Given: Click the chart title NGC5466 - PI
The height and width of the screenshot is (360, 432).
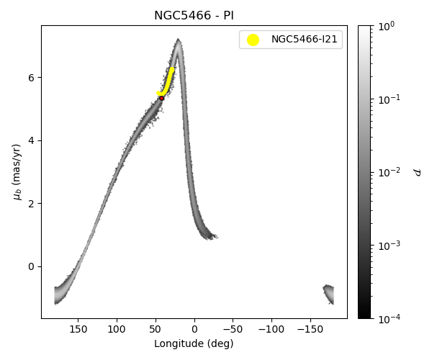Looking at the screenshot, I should click(x=194, y=16).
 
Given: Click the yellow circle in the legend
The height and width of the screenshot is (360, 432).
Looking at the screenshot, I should click(x=253, y=40).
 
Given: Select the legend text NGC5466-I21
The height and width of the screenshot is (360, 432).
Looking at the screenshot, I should click(x=302, y=40).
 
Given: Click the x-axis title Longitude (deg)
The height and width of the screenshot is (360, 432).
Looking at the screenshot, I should click(x=194, y=343).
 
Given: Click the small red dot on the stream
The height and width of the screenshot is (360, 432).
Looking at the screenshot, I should click(x=161, y=98).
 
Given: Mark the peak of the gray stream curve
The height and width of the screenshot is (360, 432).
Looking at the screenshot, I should click(x=178, y=41).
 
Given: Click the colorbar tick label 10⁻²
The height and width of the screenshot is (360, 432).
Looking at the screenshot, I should click(x=389, y=172).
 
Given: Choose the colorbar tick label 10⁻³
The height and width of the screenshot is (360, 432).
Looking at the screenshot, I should click(x=389, y=246).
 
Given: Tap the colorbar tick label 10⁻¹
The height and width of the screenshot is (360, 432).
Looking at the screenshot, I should click(x=389, y=99).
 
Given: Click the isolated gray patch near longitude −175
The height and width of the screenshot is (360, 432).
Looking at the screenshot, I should click(x=328, y=293).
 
